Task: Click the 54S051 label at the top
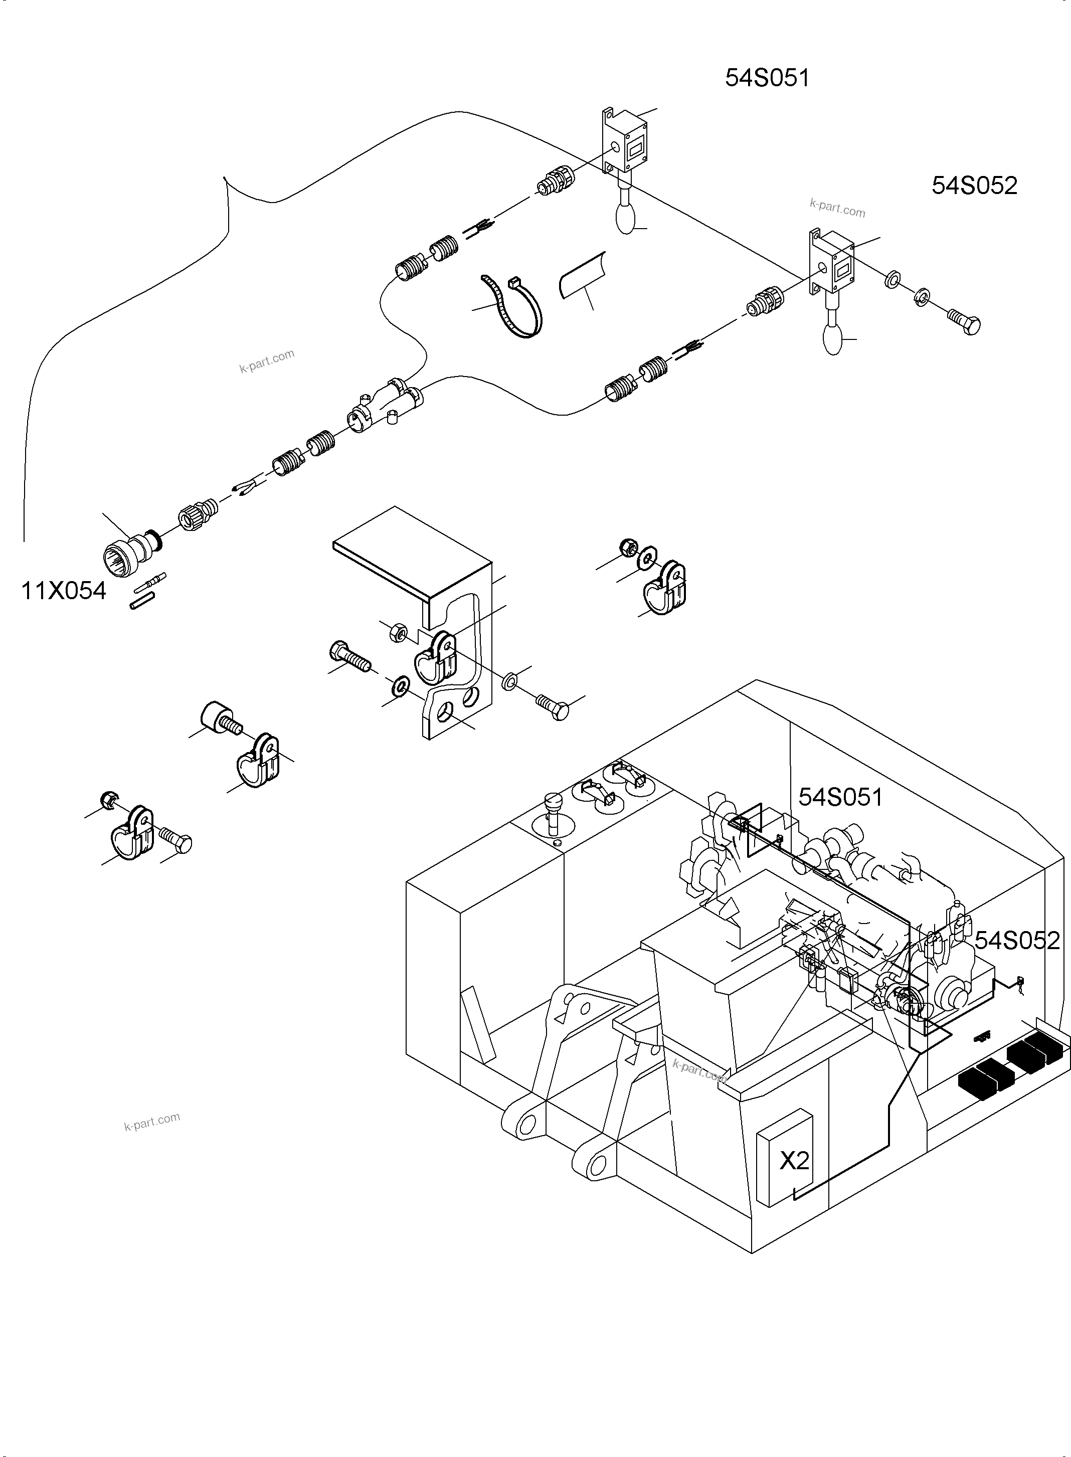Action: pos(767,78)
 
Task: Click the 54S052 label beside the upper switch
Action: pos(974,186)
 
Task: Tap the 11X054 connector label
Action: pos(64,591)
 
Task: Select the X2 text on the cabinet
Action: pos(794,1160)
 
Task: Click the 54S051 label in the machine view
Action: pos(840,797)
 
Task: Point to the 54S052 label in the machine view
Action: pos(1016,941)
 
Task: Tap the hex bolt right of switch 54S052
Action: pos(964,321)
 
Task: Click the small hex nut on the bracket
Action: pos(398,631)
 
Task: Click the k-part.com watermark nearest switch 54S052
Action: pos(837,208)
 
